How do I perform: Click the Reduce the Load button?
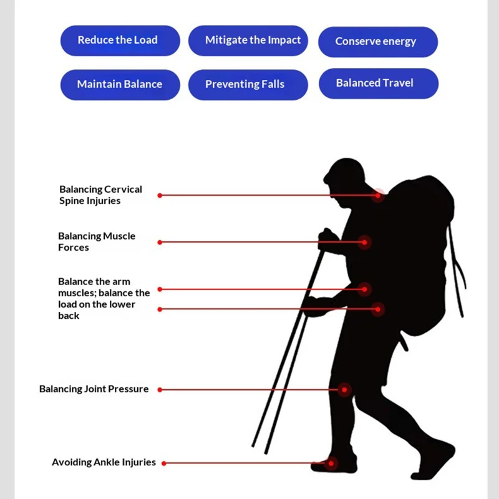tap(120, 41)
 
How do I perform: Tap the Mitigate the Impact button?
tap(248, 41)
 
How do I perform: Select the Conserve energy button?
tap(378, 42)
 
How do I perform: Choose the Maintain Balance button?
tap(120, 85)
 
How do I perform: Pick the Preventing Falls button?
tap(248, 85)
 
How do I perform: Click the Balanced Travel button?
tap(379, 84)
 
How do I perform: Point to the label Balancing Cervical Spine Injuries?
tap(100, 195)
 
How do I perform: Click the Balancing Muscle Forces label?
tap(97, 241)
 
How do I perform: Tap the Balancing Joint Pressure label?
tap(94, 389)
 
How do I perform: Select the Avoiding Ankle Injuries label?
tap(104, 462)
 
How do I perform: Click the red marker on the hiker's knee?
tap(344, 389)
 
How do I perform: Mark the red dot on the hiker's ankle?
tap(331, 463)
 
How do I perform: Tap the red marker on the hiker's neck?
tap(378, 195)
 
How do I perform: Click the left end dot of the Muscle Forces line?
tap(160, 242)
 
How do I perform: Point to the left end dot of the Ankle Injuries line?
tap(164, 463)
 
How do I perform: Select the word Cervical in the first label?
tap(123, 190)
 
